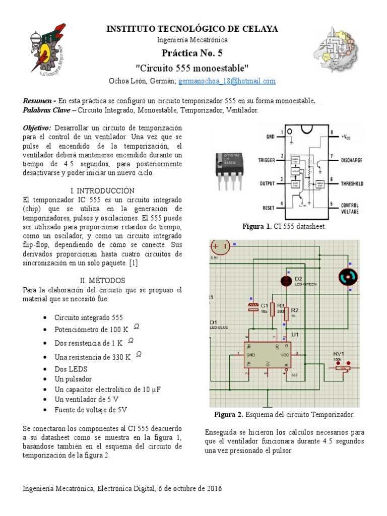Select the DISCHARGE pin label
click(352, 160)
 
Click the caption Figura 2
click(229, 415)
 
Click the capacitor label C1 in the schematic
click(264, 305)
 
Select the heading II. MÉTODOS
click(103, 280)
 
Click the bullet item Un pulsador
click(74, 379)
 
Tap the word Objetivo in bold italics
click(37, 127)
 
